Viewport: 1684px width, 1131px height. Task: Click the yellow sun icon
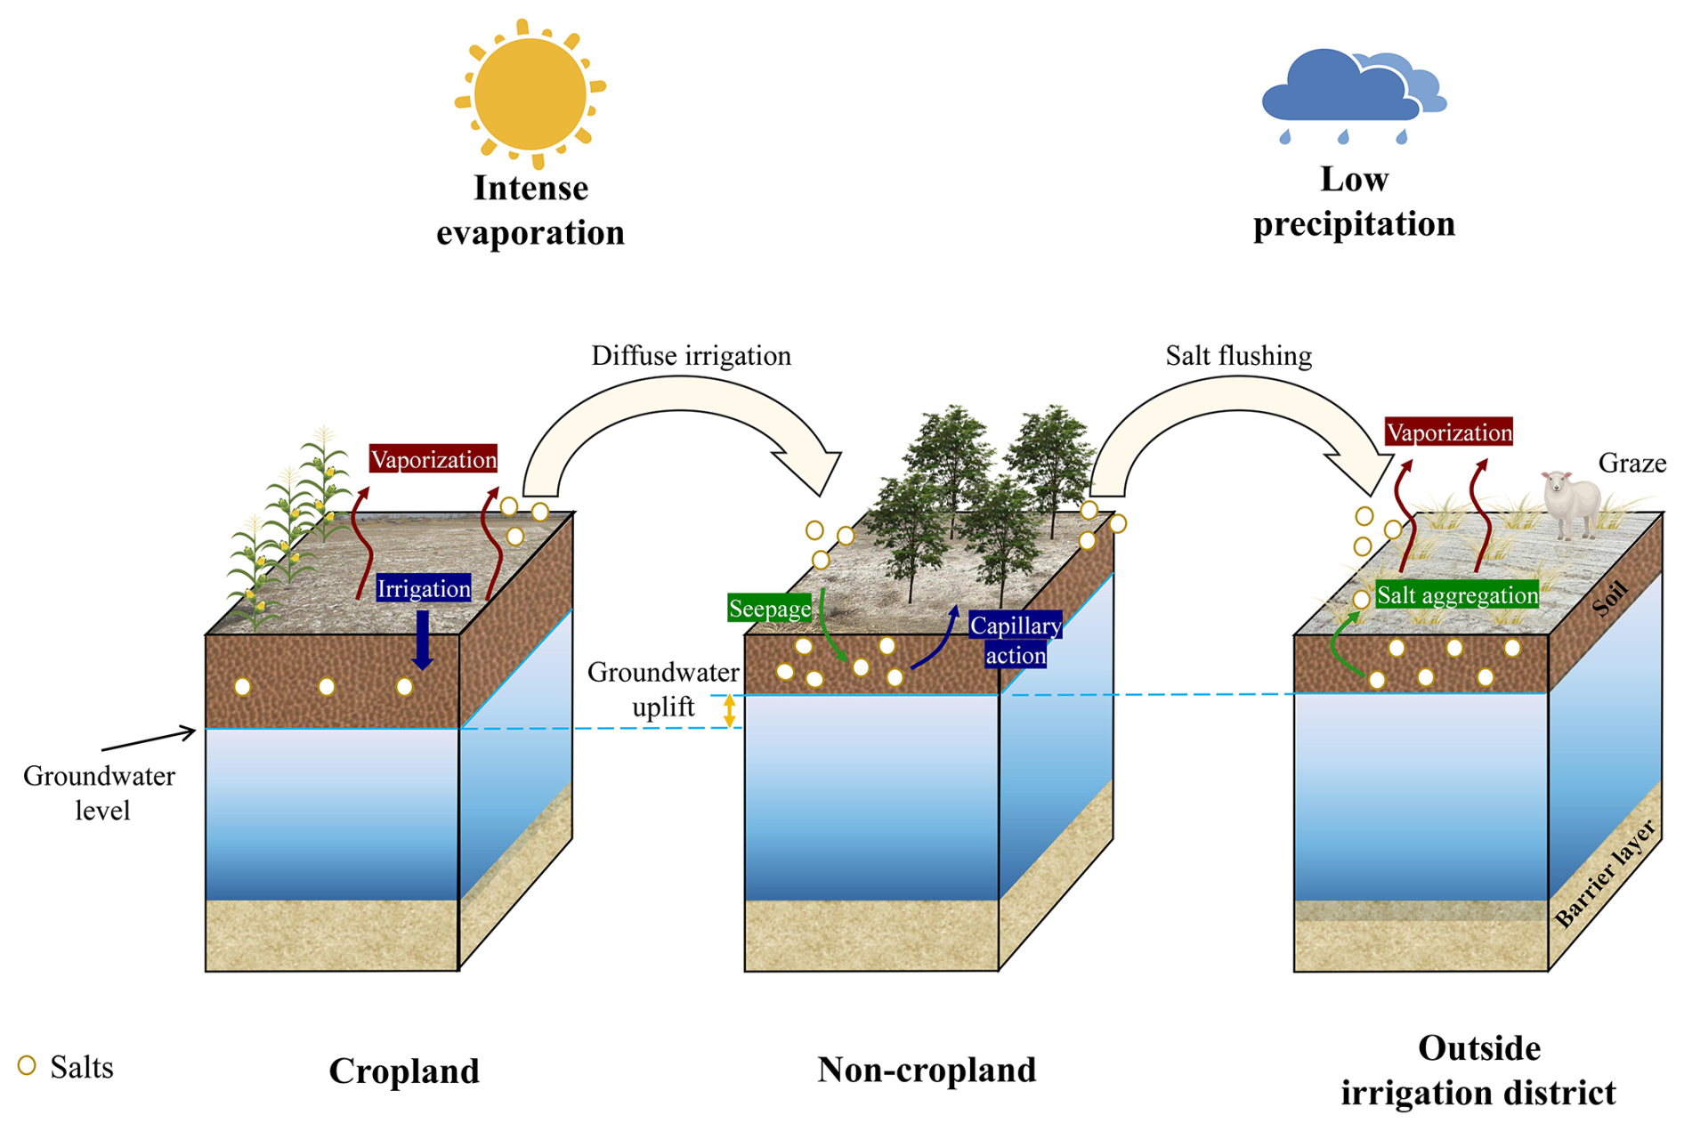[530, 94]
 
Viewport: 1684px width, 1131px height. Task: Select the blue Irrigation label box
[424, 588]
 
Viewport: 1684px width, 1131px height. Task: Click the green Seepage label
[770, 609]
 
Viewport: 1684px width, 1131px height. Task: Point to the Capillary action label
[1016, 640]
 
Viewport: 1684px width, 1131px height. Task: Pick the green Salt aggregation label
[1457, 594]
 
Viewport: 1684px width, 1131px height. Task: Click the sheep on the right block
[1572, 504]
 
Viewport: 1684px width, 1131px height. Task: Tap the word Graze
[1631, 463]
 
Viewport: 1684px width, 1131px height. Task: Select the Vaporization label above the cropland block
[433, 459]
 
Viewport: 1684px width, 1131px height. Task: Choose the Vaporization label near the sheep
[1449, 432]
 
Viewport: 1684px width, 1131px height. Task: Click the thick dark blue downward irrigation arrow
[423, 640]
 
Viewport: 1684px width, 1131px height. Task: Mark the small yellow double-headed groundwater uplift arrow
[730, 711]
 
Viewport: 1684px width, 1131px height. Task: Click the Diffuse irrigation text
[691, 356]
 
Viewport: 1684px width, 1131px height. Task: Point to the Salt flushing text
[1238, 356]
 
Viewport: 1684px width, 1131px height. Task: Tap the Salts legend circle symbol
[27, 1065]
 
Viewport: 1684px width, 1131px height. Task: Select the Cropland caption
[404, 1070]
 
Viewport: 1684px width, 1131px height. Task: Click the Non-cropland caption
[927, 1070]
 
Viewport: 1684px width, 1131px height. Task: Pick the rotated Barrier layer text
[1606, 874]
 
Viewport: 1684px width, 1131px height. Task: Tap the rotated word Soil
[1610, 598]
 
